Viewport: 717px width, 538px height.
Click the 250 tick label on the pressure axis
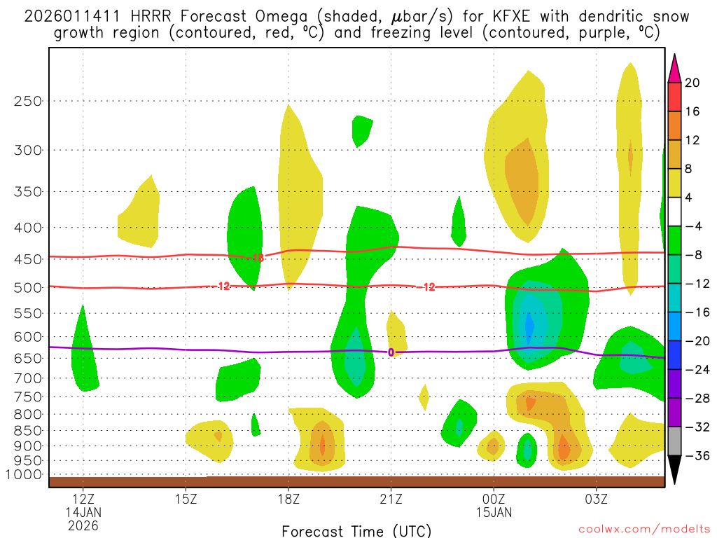pyautogui.click(x=29, y=101)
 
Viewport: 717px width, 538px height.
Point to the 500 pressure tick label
pyautogui.click(x=29, y=287)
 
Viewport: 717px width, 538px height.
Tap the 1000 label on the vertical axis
pyautogui.click(x=26, y=475)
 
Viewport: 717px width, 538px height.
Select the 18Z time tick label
pyautogui.click(x=288, y=499)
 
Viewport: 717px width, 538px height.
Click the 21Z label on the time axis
pyautogui.click(x=391, y=499)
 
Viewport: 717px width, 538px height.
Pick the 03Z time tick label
pyautogui.click(x=597, y=499)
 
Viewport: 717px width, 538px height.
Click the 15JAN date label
pyautogui.click(x=494, y=512)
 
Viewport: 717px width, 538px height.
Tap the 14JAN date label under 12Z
pyautogui.click(x=83, y=512)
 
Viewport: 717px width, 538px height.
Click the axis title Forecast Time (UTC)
pyautogui.click(x=356, y=530)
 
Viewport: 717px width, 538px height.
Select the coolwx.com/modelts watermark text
pyautogui.click(x=644, y=530)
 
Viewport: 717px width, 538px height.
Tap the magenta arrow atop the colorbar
pyautogui.click(x=674, y=68)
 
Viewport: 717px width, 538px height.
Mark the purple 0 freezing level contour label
pyautogui.click(x=391, y=352)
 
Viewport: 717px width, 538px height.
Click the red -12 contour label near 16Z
pyautogui.click(x=223, y=286)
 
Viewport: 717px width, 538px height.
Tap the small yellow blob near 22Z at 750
pyautogui.click(x=424, y=397)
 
